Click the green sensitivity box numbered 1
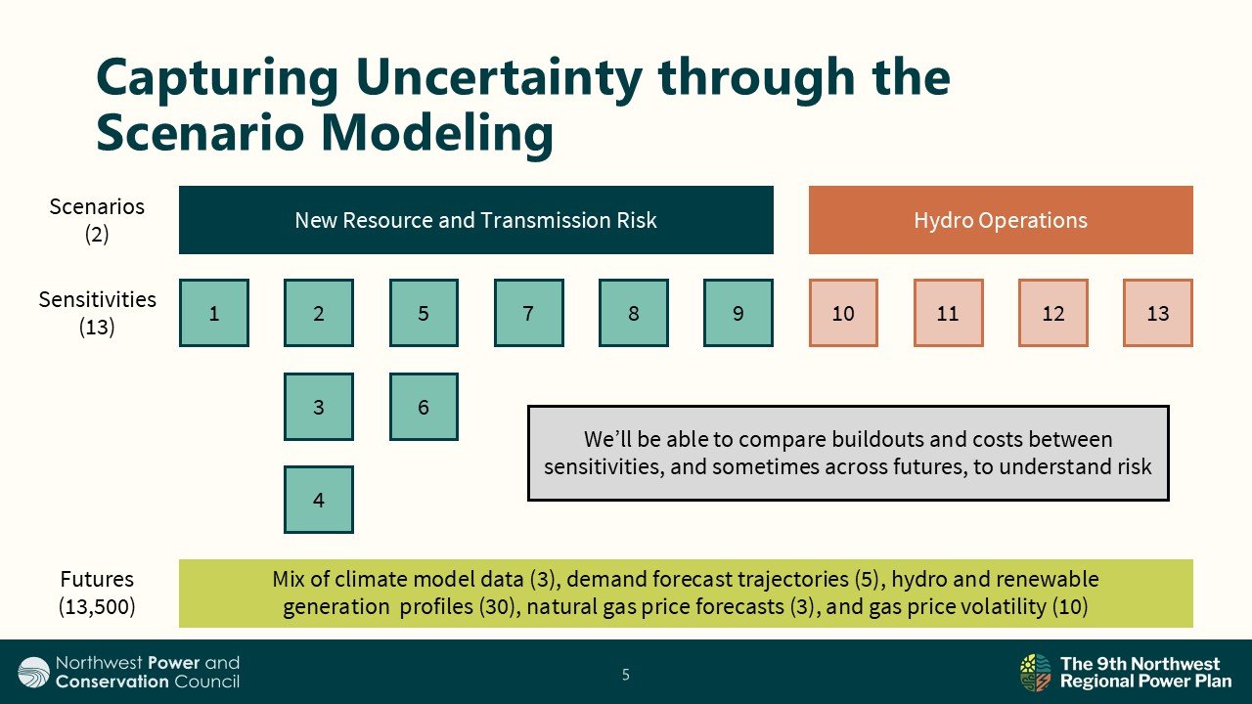click(214, 313)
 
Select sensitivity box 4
click(319, 500)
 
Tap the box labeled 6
click(424, 407)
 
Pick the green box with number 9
click(738, 313)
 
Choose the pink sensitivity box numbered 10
click(843, 313)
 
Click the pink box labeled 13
click(1158, 313)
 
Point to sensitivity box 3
click(319, 407)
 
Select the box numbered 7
click(529, 313)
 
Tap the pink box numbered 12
click(1053, 313)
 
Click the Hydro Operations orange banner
click(1001, 220)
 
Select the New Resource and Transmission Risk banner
click(476, 220)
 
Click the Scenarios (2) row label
click(97, 220)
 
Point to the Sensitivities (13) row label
click(97, 313)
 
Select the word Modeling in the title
click(436, 133)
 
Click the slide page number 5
click(626, 675)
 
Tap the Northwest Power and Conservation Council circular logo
click(33, 672)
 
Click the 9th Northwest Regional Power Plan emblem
click(1035, 673)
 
